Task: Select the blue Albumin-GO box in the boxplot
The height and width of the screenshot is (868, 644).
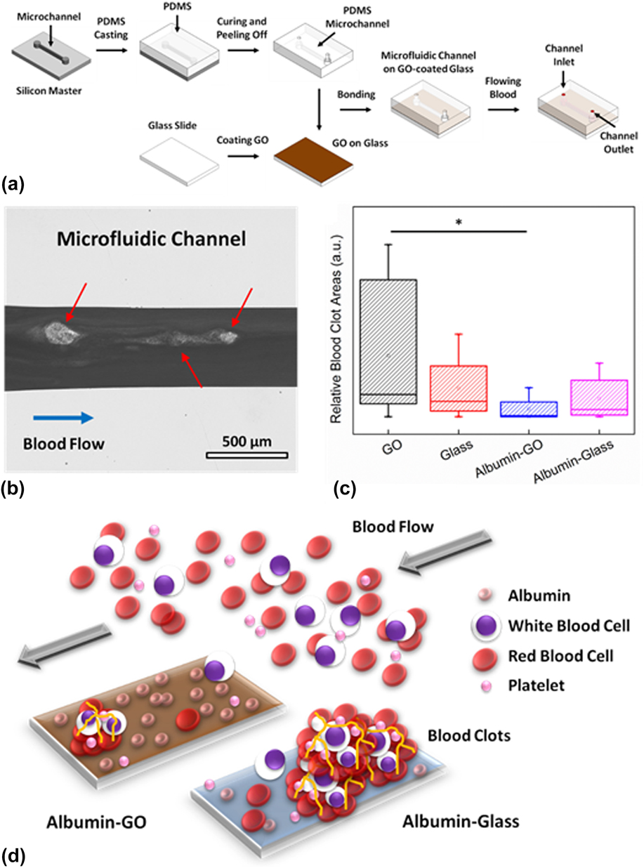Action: [528, 409]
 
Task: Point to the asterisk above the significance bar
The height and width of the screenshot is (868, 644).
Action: [458, 223]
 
